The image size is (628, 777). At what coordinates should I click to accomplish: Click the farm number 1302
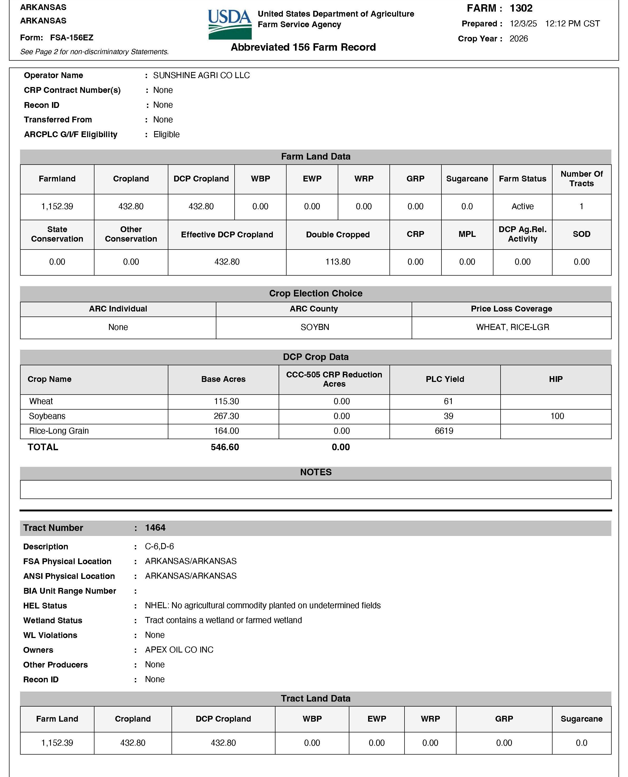click(x=521, y=8)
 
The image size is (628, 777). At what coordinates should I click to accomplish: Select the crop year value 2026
click(x=518, y=39)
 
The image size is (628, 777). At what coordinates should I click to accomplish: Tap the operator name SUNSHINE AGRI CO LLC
click(x=201, y=75)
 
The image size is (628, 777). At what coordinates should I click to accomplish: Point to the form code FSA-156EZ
click(x=72, y=38)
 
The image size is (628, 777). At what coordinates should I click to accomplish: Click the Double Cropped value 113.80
click(x=337, y=262)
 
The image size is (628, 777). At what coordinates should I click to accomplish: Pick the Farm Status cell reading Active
click(x=522, y=207)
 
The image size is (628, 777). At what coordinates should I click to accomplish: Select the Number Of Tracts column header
click(x=581, y=179)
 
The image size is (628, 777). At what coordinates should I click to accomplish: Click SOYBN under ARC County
click(x=315, y=327)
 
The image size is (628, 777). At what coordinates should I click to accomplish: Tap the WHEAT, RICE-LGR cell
click(x=512, y=327)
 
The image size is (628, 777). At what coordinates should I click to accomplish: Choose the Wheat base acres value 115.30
click(x=226, y=401)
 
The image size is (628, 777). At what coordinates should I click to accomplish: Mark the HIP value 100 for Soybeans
click(x=557, y=416)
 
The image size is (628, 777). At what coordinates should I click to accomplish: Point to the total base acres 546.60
click(x=225, y=447)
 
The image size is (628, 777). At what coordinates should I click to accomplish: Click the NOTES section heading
click(x=315, y=472)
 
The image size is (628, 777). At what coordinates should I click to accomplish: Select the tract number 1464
click(x=155, y=528)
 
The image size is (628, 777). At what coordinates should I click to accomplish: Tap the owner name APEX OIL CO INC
click(x=179, y=650)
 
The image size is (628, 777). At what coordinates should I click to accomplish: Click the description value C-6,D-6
click(x=159, y=546)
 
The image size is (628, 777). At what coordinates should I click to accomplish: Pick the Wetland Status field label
click(x=53, y=620)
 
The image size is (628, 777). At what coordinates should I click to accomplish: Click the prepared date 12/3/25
click(x=523, y=24)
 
